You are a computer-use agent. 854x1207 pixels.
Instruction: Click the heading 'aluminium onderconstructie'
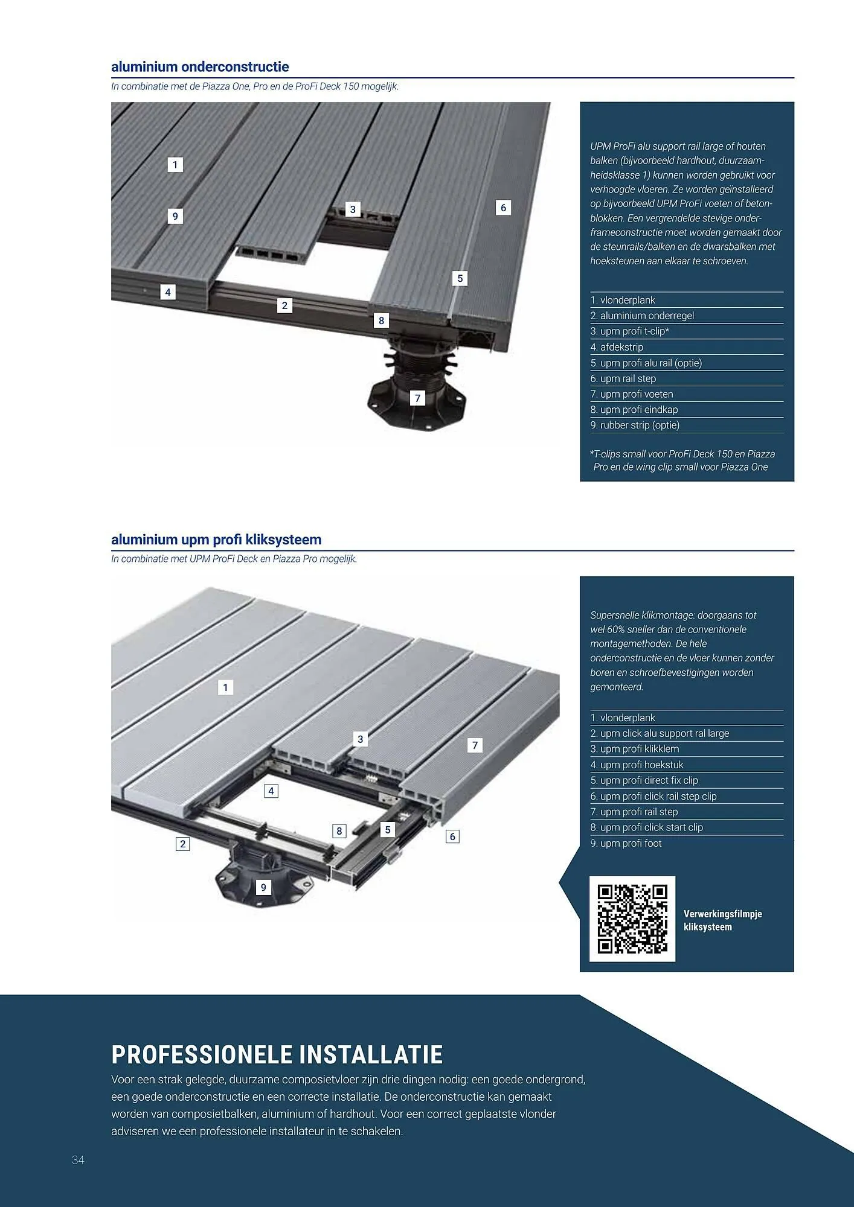tap(200, 66)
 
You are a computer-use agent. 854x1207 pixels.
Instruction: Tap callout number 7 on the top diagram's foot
tap(417, 398)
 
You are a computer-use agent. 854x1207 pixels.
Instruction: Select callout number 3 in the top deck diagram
tap(353, 209)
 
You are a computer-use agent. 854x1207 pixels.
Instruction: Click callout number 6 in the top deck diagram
tap(503, 208)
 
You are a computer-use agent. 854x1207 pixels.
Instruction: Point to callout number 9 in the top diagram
tap(175, 216)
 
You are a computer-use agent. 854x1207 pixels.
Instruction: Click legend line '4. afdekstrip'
tap(617, 347)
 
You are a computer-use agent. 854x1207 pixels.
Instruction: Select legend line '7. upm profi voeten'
tap(632, 394)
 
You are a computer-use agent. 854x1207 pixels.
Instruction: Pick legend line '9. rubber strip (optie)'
tap(635, 425)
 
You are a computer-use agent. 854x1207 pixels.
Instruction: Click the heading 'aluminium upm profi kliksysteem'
tap(216, 540)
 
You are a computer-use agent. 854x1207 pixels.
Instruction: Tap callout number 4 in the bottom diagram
tap(271, 791)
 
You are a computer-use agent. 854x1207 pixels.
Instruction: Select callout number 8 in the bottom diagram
tap(339, 831)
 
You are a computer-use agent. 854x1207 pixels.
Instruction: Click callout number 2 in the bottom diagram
tap(182, 844)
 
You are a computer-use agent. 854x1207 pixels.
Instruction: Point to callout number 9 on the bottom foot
tap(263, 887)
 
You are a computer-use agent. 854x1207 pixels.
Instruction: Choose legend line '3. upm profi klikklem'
tap(635, 749)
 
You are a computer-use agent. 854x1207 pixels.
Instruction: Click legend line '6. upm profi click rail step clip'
tap(653, 796)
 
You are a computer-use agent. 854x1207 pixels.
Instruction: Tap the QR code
tap(632, 919)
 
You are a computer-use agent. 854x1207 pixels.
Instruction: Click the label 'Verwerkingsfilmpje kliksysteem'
tap(722, 920)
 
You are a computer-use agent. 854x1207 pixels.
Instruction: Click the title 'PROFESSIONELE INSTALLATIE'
tap(277, 1055)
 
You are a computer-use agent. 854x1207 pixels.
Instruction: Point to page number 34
tap(78, 1160)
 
